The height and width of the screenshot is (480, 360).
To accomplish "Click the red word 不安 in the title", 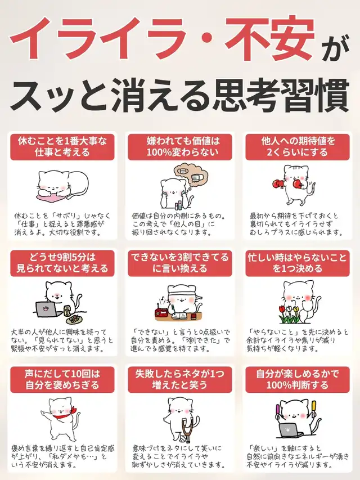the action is (271, 38).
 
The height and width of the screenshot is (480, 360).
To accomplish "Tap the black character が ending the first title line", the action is (336, 48).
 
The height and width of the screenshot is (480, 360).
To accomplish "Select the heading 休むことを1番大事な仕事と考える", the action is (62, 147).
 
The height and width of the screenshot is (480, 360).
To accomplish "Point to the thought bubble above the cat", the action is (191, 177).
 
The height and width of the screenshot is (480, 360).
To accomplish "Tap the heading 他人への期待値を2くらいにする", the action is (298, 147).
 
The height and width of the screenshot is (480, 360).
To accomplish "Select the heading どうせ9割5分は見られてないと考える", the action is (62, 263).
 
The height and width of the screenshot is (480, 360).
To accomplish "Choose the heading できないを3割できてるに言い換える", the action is (180, 263).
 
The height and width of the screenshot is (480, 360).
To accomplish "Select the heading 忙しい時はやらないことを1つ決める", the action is (298, 263).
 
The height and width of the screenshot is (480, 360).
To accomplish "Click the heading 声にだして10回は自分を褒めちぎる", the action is (62, 380).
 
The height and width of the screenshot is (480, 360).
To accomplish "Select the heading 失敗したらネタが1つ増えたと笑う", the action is (180, 380).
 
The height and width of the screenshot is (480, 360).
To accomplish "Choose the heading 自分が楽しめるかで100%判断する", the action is (298, 380).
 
